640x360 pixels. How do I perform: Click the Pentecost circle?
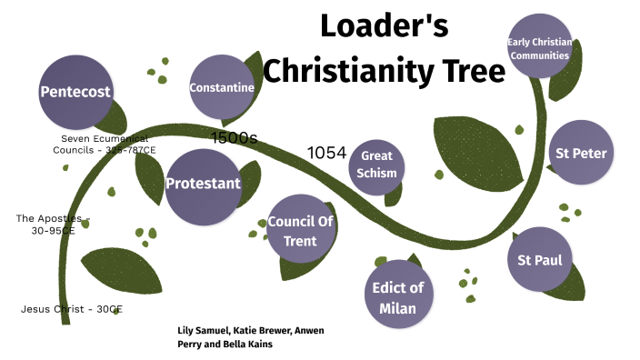point(76,92)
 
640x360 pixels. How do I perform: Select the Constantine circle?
point(221,88)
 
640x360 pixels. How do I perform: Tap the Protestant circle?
point(203,184)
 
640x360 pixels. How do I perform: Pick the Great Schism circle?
point(375,165)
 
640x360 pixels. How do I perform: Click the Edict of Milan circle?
point(398,297)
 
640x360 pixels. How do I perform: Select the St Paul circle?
point(539,260)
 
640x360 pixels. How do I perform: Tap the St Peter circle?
point(581,153)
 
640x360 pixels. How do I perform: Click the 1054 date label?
point(326,153)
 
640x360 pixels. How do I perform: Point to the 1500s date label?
point(234,138)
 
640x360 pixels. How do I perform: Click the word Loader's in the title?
point(384,26)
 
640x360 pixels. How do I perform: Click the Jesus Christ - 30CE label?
point(71,309)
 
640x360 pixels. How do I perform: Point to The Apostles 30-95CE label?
point(53,224)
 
